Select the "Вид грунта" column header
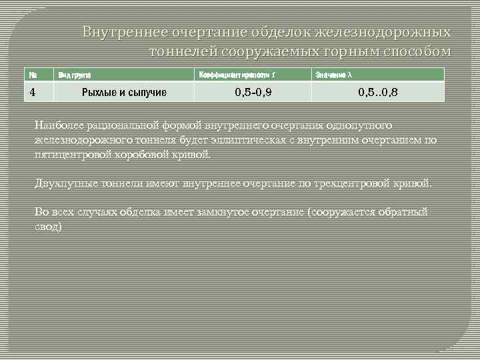(75, 75)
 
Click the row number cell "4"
(32, 91)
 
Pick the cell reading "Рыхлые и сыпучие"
(123, 92)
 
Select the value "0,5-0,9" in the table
(253, 92)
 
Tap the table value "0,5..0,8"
(377, 92)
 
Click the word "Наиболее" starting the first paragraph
(57, 125)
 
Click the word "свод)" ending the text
(48, 227)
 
